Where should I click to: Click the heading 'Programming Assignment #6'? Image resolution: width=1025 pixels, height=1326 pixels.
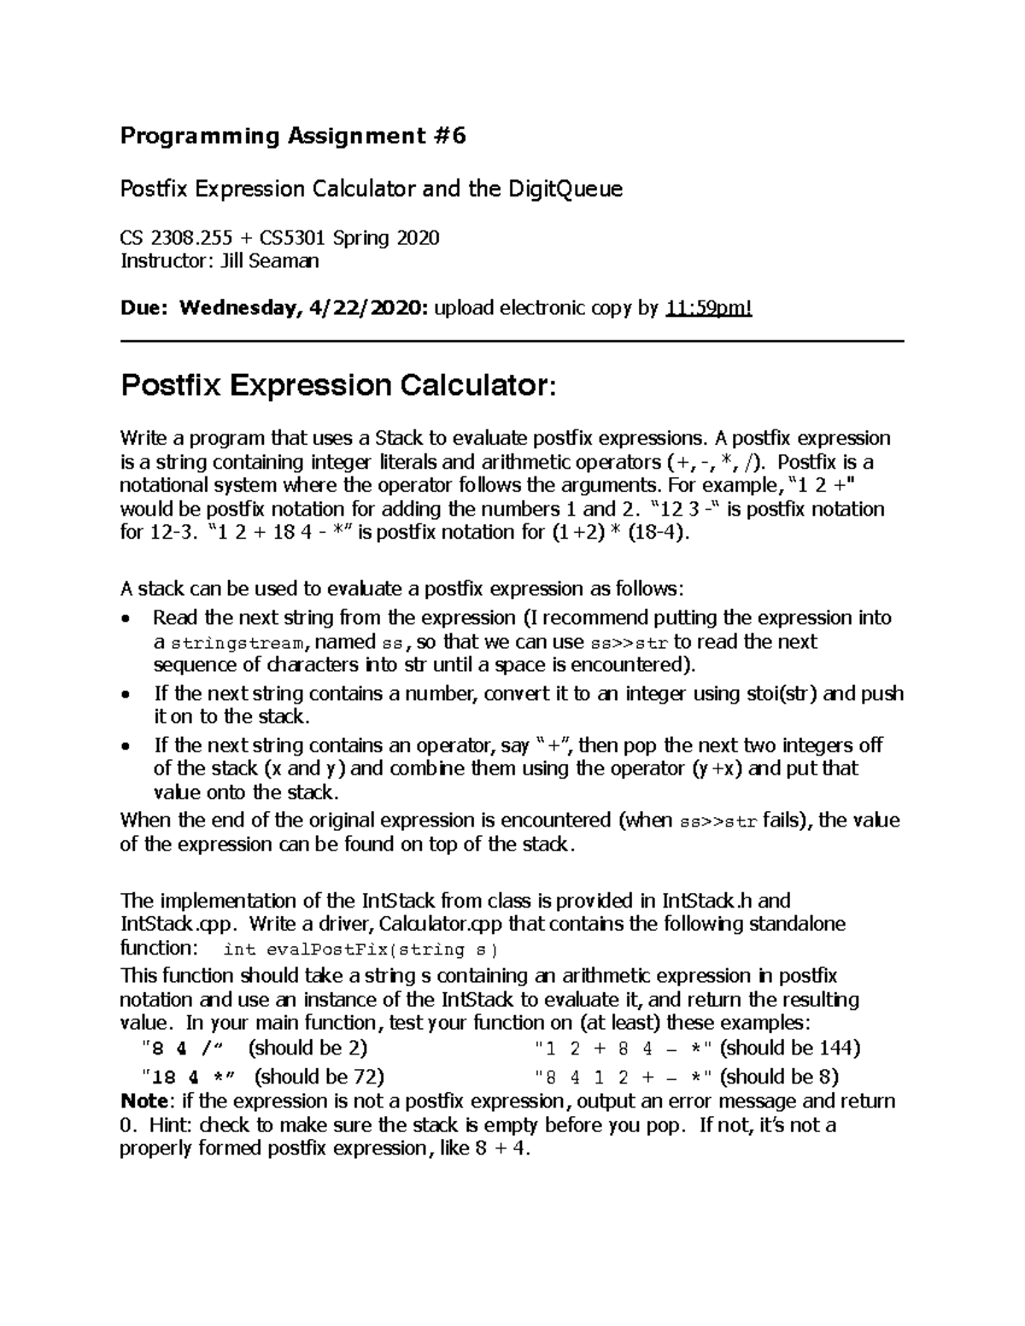(293, 137)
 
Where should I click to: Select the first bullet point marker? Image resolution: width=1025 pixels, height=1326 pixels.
(126, 619)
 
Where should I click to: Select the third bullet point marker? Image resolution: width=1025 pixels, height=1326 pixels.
(126, 746)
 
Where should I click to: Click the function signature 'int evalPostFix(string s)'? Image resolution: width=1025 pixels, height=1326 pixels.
(359, 949)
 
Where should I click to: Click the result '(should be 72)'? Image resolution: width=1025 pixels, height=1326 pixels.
(319, 1076)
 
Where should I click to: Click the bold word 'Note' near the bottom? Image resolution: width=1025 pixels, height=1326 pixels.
(143, 1101)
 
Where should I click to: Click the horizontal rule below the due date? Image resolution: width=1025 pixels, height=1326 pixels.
(512, 342)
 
